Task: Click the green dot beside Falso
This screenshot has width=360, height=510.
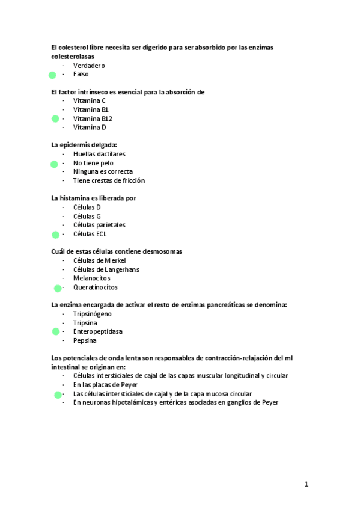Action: (x=52, y=75)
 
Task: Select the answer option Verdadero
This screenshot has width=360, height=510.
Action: (x=89, y=65)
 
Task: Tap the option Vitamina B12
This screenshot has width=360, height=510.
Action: (x=93, y=118)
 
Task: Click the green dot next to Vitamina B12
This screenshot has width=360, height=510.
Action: (x=55, y=119)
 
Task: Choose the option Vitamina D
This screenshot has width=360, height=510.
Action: (x=90, y=127)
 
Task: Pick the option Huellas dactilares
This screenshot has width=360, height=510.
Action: (x=99, y=154)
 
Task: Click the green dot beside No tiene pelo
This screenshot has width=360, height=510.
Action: (x=54, y=164)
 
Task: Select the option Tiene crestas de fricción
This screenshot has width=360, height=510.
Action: (x=109, y=180)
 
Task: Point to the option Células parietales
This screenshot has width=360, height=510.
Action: (x=99, y=225)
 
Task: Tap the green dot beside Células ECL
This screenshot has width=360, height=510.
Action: (x=55, y=235)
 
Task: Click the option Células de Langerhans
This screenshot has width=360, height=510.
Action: (x=106, y=269)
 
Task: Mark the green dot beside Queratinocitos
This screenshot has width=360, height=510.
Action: (x=58, y=288)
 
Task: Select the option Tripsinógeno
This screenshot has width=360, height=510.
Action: (x=92, y=314)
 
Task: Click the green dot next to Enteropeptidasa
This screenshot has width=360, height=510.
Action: (x=55, y=331)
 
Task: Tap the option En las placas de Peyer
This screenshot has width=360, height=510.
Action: (x=106, y=385)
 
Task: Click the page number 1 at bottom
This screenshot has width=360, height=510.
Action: (x=306, y=484)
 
